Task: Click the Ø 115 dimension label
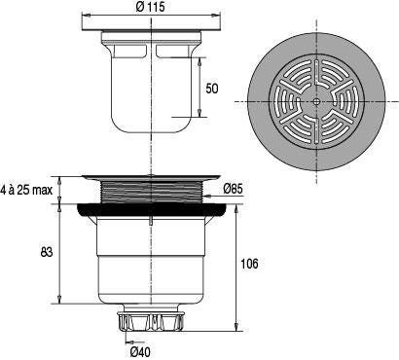coord(150,7)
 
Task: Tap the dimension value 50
coord(212,89)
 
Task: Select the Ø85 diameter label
coord(233,189)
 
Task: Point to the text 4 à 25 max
coord(26,190)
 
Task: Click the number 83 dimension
coord(47,252)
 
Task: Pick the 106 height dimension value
coord(249,264)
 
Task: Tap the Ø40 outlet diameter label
coord(141,351)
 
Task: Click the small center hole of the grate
coord(316,101)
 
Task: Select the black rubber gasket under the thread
coord(152,210)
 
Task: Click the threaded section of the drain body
coord(152,192)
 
